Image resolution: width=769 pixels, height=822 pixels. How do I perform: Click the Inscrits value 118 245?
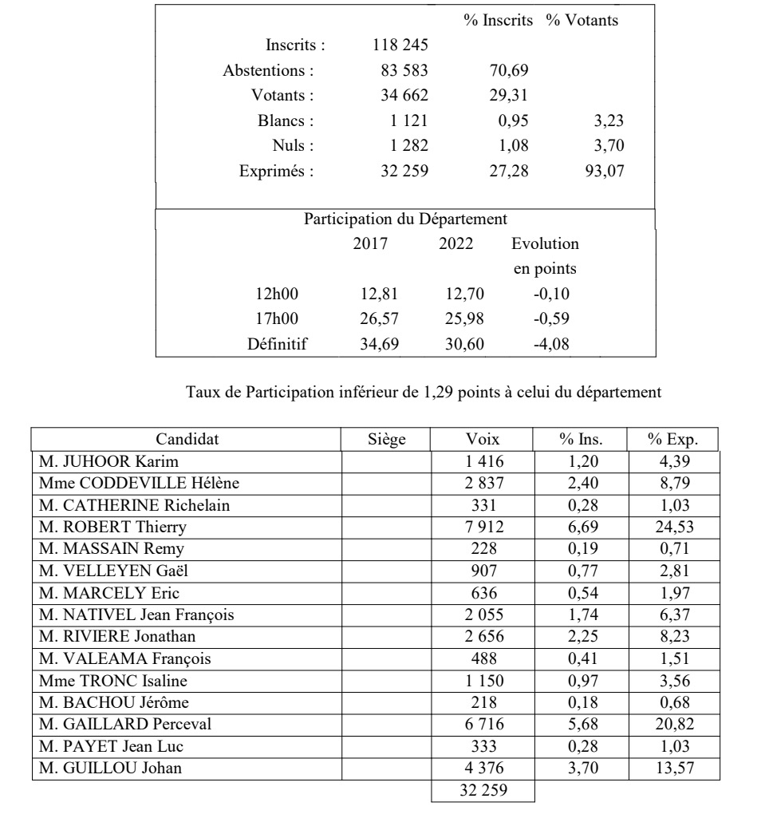pos(400,45)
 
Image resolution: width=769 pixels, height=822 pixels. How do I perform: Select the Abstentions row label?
pos(268,70)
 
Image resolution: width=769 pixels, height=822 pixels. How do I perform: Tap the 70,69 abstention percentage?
pos(508,70)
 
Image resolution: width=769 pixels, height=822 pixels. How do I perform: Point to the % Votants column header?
pos(582,21)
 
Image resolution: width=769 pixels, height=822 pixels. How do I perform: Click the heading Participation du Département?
pos(405,218)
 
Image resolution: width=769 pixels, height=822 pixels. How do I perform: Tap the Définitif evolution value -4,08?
pos(550,345)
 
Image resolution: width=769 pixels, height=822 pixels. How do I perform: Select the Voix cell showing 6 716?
pos(482,723)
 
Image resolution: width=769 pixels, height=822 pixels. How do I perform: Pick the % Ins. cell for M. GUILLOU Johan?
pos(581,768)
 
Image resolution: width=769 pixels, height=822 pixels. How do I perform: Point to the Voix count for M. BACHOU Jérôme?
pos(482,701)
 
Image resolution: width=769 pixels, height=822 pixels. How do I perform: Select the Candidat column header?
pos(187,439)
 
